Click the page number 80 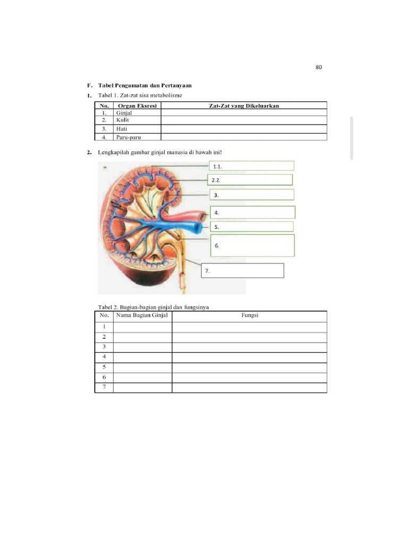click(319, 67)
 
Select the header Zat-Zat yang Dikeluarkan click(244, 106)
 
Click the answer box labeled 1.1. click(252, 166)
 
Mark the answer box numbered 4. click(253, 213)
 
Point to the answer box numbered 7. click(243, 270)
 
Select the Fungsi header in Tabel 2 click(249, 316)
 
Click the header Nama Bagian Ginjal click(142, 316)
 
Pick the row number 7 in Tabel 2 click(104, 387)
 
